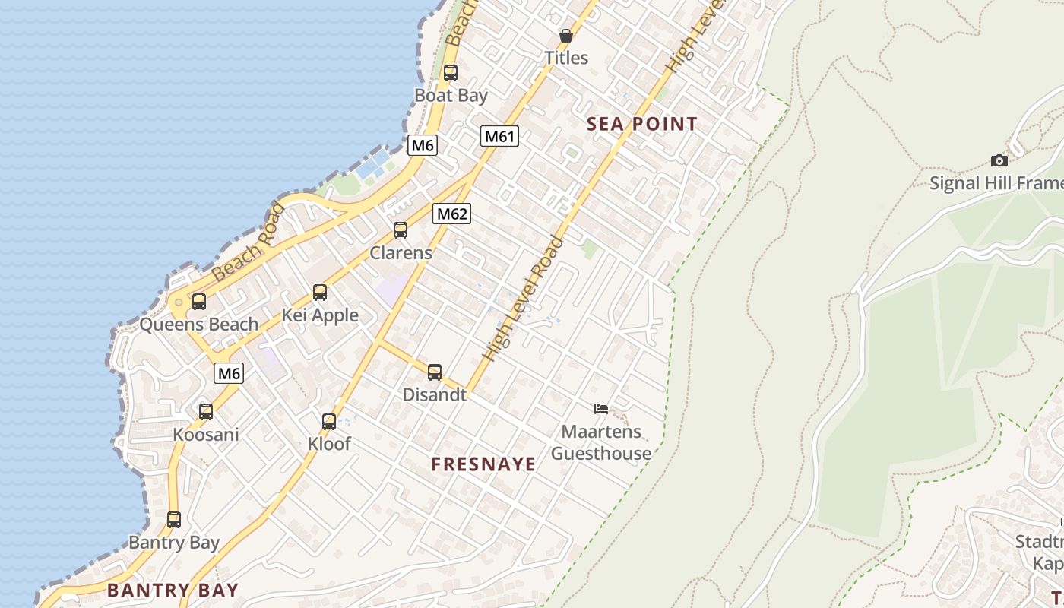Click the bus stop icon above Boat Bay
pos(451,73)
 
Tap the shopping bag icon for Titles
pos(566,36)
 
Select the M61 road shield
pos(499,137)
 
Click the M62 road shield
pos(452,214)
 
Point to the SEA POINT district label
pos(642,124)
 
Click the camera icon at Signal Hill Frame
pos(999,160)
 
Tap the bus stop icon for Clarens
pos(401,230)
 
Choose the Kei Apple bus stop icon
pos(320,292)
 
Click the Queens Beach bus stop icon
pos(199,301)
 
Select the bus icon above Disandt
pos(435,372)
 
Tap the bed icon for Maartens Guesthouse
pos(601,409)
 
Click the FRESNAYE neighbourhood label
pos(483,464)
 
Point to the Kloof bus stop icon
pos(329,421)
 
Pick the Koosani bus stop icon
pos(206,411)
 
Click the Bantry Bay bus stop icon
pos(174,519)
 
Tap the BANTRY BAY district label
pos(173,590)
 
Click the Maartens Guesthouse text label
pos(601,442)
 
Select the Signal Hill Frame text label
pos(996,183)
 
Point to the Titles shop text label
pos(566,58)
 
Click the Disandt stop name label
pos(434,394)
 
